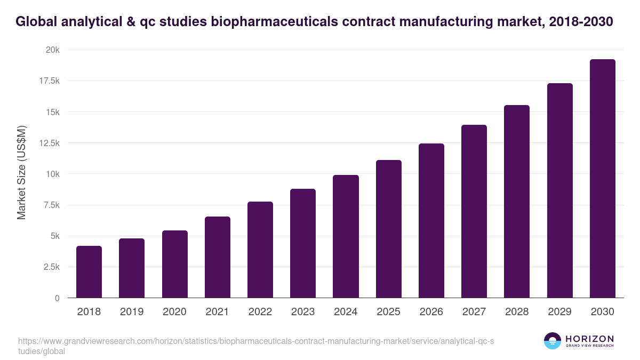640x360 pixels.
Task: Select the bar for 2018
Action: pyautogui.click(x=89, y=271)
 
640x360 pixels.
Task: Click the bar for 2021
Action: pyautogui.click(x=218, y=257)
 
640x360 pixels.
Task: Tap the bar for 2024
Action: pyautogui.click(x=346, y=236)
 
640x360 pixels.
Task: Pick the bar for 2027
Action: pyautogui.click(x=474, y=211)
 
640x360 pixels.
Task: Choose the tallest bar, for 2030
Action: pyautogui.click(x=602, y=179)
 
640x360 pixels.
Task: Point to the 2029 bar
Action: pyautogui.click(x=559, y=190)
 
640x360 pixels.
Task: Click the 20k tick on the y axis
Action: pyautogui.click(x=52, y=50)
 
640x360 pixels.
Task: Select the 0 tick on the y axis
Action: pyautogui.click(x=57, y=298)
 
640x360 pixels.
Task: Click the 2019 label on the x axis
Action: pyautogui.click(x=132, y=312)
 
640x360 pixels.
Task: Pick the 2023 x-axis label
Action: pyautogui.click(x=303, y=312)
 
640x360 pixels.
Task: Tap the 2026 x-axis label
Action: pyautogui.click(x=431, y=312)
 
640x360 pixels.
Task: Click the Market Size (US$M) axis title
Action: pyautogui.click(x=21, y=172)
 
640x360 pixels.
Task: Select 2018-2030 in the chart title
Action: pyautogui.click(x=581, y=22)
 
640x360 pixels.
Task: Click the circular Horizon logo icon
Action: pyautogui.click(x=552, y=341)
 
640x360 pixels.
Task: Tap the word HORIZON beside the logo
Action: pyautogui.click(x=589, y=338)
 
